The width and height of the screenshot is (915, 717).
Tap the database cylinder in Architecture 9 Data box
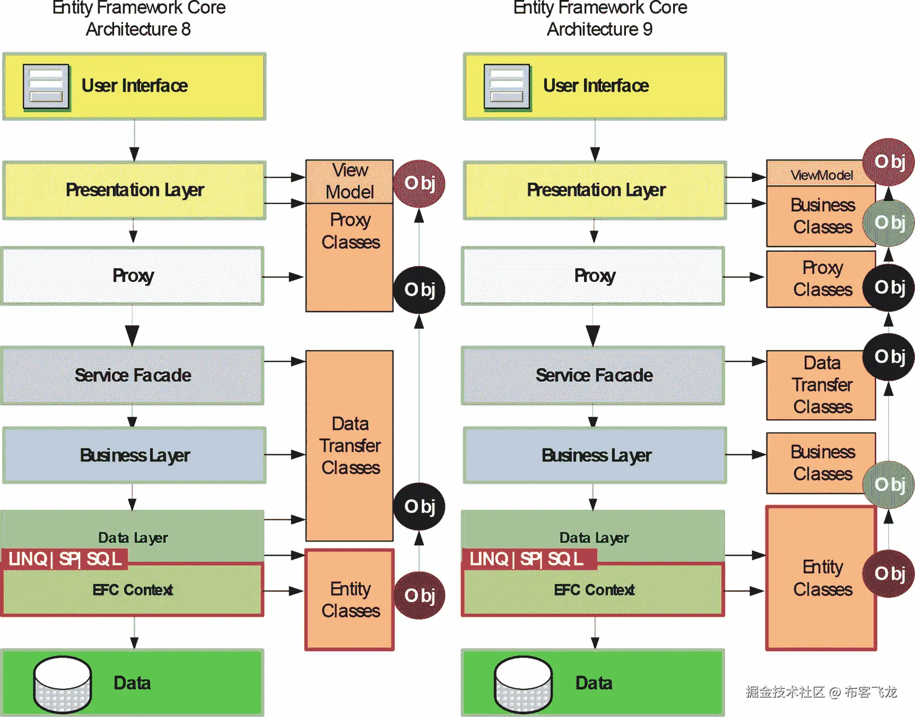523,684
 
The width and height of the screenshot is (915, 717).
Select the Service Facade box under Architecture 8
133,376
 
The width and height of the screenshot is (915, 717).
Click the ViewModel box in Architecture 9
821,174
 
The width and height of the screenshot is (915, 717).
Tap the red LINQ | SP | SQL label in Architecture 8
65,559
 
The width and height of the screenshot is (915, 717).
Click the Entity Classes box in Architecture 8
350,600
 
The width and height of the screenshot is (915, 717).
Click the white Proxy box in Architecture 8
133,276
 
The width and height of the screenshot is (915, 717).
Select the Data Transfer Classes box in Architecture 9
822,385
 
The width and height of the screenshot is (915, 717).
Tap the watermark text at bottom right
821,692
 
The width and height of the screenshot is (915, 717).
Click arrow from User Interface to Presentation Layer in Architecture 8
134,140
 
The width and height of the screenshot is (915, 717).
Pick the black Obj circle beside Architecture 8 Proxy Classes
419,289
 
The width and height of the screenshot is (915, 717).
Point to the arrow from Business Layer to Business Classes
746,454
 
